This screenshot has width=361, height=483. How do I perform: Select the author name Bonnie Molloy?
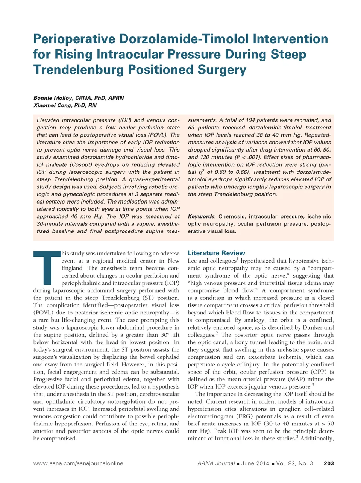click(x=54, y=98)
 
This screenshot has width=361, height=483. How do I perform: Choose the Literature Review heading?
click(x=216, y=253)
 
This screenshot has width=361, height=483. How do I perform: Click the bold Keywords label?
click(x=201, y=216)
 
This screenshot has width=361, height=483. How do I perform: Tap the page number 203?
click(x=329, y=463)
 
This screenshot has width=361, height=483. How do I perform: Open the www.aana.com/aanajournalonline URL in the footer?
click(x=78, y=463)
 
